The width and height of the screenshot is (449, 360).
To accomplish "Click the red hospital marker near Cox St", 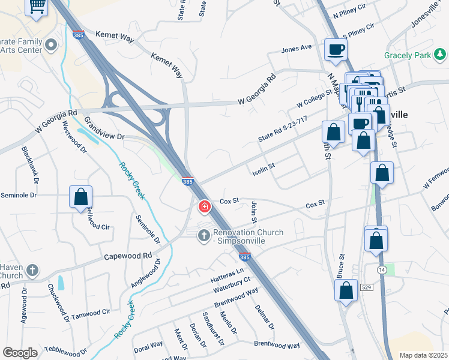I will (x=205, y=207).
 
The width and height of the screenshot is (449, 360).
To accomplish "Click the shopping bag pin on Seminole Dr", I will (x=80, y=197).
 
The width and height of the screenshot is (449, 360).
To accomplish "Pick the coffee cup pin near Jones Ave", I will (x=336, y=49).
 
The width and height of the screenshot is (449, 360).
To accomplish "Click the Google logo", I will (x=20, y=353).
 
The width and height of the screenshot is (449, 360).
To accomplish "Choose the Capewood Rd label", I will (x=128, y=256).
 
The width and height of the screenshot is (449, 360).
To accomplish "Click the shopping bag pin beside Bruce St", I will (x=347, y=290).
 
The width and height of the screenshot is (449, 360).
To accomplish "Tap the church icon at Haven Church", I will (x=32, y=271).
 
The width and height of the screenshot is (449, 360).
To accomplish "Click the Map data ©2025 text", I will (x=423, y=355).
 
